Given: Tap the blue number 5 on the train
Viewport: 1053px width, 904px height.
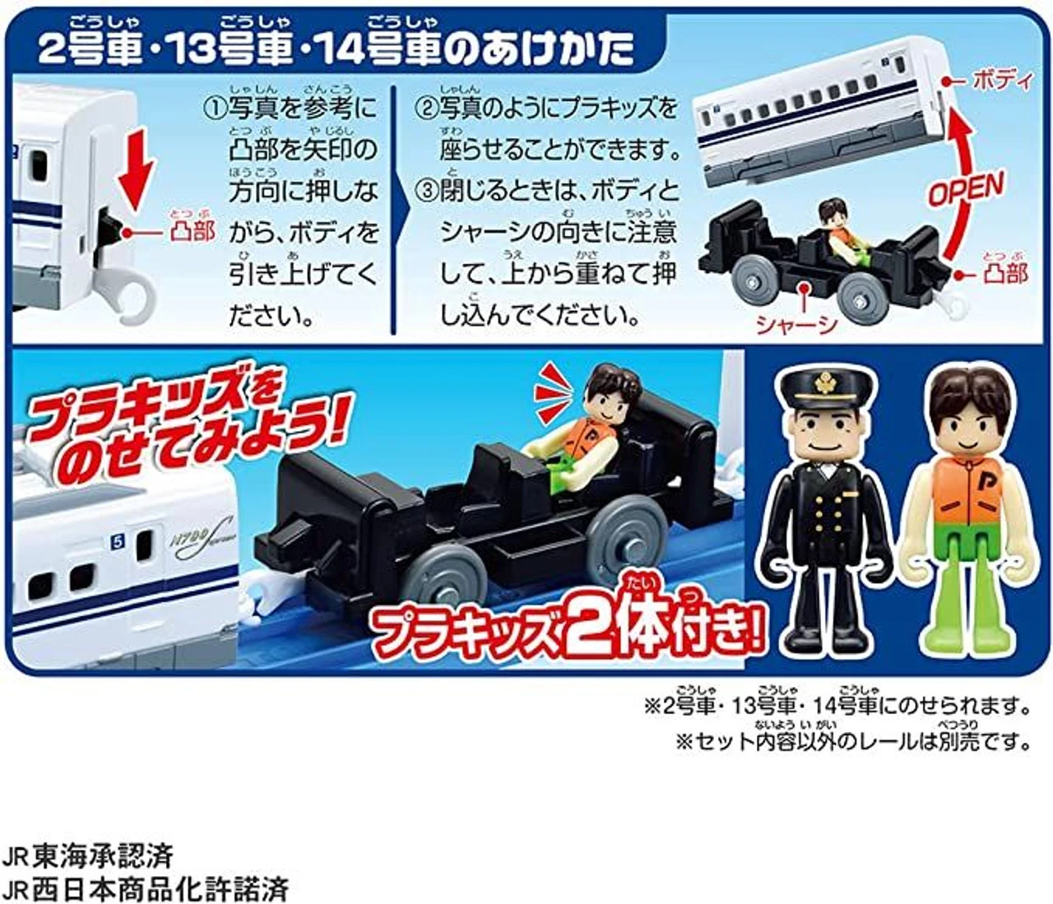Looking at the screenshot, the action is pyautogui.click(x=118, y=543).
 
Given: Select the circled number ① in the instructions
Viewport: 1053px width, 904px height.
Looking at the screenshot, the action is pyautogui.click(x=215, y=109).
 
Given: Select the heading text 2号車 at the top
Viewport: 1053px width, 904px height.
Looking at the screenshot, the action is pyautogui.click(x=90, y=49).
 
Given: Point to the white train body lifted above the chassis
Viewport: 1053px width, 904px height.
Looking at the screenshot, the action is pyautogui.click(x=820, y=114).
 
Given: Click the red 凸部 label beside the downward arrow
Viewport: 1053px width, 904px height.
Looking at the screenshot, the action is pyautogui.click(x=192, y=232).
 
